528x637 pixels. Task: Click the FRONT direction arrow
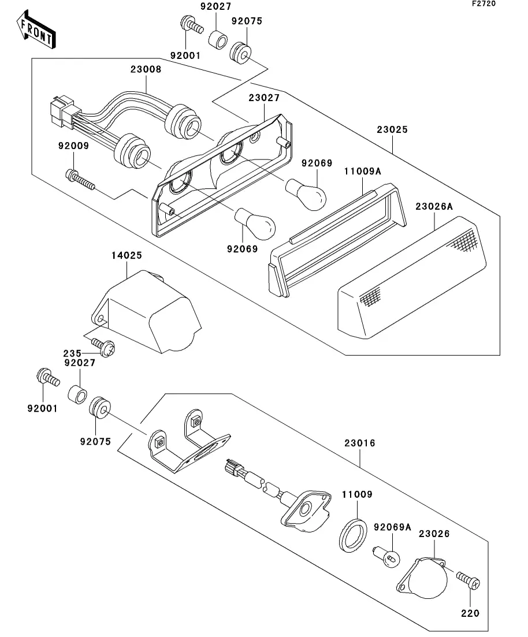[36, 30]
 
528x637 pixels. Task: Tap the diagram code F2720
[484, 3]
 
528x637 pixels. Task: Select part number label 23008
[146, 69]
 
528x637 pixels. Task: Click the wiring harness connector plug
[62, 111]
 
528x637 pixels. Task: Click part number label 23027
[264, 98]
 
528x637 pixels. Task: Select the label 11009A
[363, 172]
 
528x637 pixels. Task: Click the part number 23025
[392, 129]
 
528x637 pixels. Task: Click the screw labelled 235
[103, 346]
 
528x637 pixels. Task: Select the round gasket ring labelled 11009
[353, 535]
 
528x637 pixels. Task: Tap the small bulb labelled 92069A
[386, 557]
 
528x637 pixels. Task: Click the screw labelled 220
[468, 580]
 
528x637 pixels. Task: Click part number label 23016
[360, 443]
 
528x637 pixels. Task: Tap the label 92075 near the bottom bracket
[95, 442]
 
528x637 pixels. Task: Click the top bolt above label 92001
[191, 24]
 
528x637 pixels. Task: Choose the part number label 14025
[127, 255]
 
